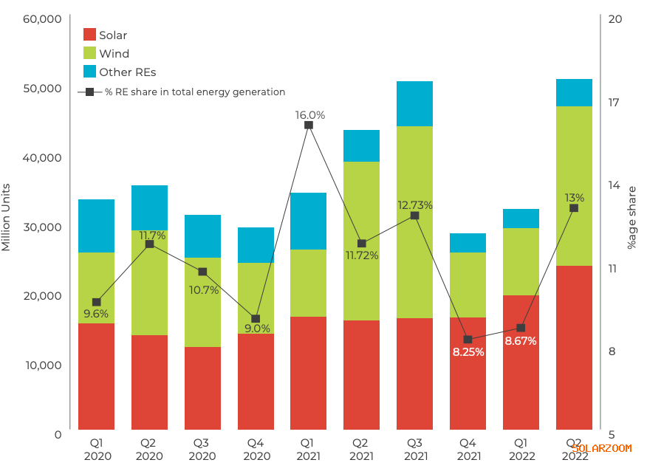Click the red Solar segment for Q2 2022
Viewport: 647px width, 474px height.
click(x=574, y=347)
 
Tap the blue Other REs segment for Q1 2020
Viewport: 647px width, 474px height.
click(x=96, y=226)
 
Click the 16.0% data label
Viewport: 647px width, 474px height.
click(x=310, y=115)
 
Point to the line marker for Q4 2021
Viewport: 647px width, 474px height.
click(x=468, y=340)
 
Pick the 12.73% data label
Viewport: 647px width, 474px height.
click(x=414, y=205)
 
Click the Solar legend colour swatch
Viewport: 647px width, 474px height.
click(x=89, y=35)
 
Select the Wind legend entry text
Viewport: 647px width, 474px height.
click(x=114, y=54)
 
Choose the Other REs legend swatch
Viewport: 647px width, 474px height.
click(x=89, y=72)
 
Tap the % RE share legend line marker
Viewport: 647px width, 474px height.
click(x=89, y=92)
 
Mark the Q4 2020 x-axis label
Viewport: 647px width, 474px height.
click(x=256, y=450)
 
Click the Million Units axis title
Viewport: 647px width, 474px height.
click(x=7, y=217)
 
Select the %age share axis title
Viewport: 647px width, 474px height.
click(x=631, y=217)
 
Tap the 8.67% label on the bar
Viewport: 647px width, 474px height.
click(x=521, y=341)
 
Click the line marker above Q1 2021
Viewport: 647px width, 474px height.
click(x=309, y=125)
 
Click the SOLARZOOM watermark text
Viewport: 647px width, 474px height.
click(x=601, y=448)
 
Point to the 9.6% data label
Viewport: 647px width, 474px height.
click(x=96, y=314)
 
